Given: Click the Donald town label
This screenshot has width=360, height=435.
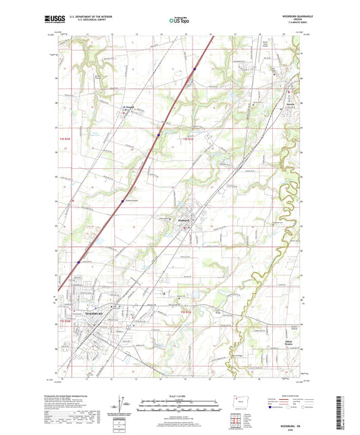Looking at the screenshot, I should coord(129,105).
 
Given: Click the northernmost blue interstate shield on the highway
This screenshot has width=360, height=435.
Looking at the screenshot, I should coord(195,68).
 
